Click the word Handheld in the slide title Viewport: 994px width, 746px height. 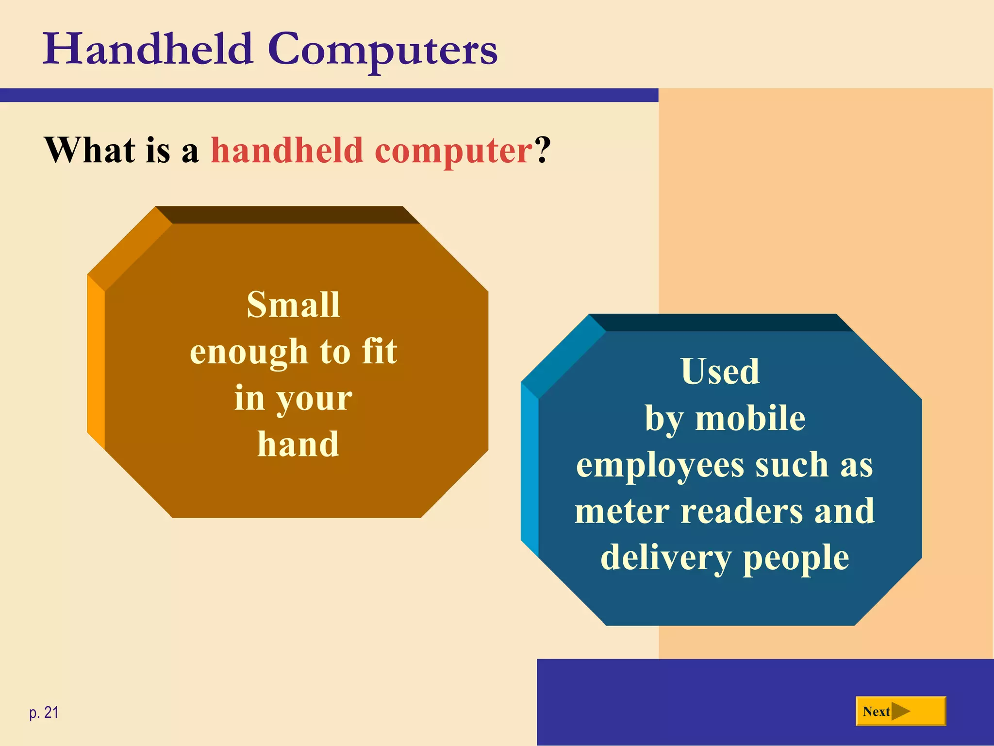pos(148,49)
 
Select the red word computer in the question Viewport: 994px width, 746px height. pos(454,152)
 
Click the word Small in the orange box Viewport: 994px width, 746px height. pos(293,305)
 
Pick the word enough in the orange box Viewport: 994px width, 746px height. pos(249,352)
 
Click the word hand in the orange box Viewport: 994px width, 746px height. pos(298,444)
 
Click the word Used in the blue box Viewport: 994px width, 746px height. pos(720,372)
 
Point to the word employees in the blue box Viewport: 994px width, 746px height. pos(660,466)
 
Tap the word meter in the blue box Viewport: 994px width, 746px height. pos(622,511)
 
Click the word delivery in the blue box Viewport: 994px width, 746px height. pos(665,558)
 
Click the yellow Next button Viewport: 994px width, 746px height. pos(900,712)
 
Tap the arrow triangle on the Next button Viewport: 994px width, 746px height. pos(901,712)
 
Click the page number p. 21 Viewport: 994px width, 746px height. pos(44,712)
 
